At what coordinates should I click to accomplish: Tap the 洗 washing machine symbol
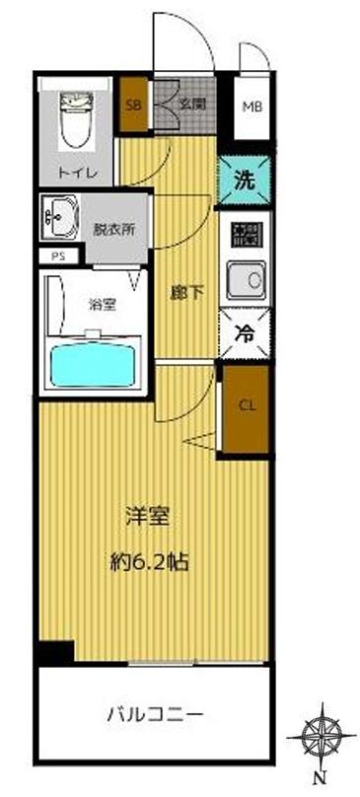pos(243,181)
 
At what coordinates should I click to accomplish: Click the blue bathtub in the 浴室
pos(95,364)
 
